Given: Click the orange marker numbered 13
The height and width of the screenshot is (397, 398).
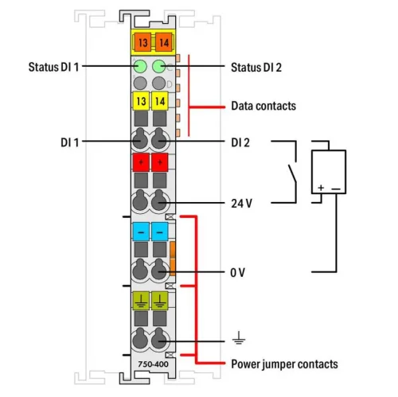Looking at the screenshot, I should pyautogui.click(x=141, y=42).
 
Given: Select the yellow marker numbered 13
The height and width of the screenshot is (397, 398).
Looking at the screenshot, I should pyautogui.click(x=141, y=101).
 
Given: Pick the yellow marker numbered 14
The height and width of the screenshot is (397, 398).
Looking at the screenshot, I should pyautogui.click(x=159, y=101).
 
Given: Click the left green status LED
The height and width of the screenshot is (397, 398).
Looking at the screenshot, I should pyautogui.click(x=141, y=67).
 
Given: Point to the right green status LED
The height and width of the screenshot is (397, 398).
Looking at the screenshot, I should pyautogui.click(x=159, y=67).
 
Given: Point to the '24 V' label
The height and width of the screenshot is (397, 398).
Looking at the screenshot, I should pyautogui.click(x=241, y=203).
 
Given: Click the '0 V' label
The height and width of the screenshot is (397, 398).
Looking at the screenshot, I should pyautogui.click(x=237, y=272).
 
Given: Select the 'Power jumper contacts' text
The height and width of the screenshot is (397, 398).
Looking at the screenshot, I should pyautogui.click(x=284, y=364).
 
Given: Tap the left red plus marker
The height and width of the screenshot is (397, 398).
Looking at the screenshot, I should pyautogui.click(x=141, y=163).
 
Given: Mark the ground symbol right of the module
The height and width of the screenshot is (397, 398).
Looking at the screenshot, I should pyautogui.click(x=237, y=339).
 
